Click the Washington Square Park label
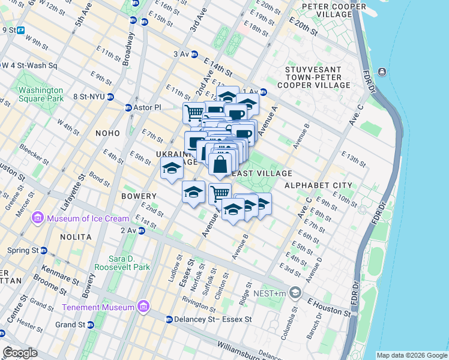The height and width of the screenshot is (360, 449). (x=41, y=94)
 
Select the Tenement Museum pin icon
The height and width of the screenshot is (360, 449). (x=143, y=308)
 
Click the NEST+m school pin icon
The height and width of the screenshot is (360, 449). (x=295, y=292)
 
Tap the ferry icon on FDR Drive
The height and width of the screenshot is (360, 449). (x=382, y=72)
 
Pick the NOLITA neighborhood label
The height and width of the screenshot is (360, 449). (x=76, y=237)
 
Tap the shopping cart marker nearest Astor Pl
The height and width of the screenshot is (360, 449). (x=194, y=112)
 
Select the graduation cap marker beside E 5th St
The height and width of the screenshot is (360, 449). (x=172, y=169)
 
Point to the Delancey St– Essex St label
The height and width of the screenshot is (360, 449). (x=207, y=319)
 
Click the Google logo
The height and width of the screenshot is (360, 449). (x=20, y=352)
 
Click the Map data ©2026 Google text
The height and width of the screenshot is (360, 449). (x=412, y=355)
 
